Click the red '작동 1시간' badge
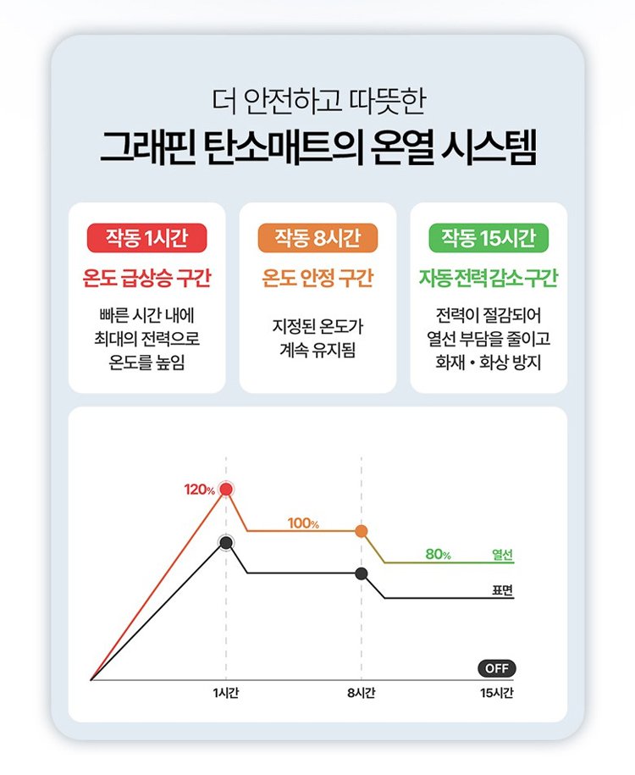coord(146,238)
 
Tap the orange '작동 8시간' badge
coord(317,238)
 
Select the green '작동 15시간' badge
coord(489,238)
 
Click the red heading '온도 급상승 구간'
coord(146,278)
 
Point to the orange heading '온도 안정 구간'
coord(317,278)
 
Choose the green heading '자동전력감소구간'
coord(489,278)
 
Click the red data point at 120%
coord(226,490)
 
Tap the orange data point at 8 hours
coord(362,531)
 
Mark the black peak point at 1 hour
coord(226,543)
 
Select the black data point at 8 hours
coord(362,573)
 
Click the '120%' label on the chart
coord(200,490)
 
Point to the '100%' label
coord(303,523)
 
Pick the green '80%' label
coord(439,555)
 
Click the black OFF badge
coord(497,669)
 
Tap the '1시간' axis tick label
coord(226,693)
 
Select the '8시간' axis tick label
coord(362,693)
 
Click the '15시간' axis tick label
coord(497,693)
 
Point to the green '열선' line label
coord(503,555)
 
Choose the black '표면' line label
coord(503,590)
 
